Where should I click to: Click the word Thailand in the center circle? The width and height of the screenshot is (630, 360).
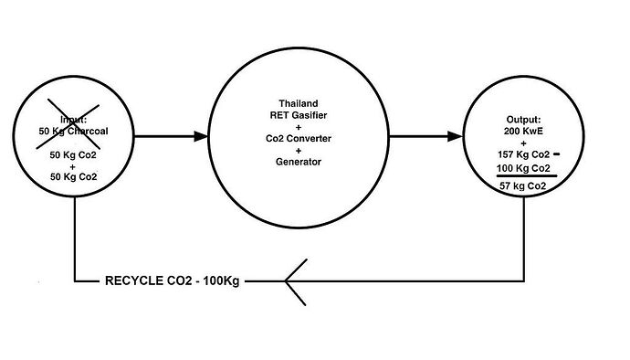[x=299, y=103]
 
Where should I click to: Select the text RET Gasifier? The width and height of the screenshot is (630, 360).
[x=299, y=115]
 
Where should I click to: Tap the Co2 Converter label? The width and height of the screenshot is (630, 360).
[x=299, y=138]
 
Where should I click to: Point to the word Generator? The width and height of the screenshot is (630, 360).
[x=299, y=162]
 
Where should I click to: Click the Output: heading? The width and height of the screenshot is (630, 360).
[x=523, y=120]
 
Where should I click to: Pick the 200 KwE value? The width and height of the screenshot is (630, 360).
[x=523, y=132]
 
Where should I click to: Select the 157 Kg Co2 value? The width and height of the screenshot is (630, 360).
[x=523, y=154]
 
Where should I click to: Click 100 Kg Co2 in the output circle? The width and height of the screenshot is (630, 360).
[x=523, y=168]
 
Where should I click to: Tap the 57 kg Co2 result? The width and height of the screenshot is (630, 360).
[x=523, y=185]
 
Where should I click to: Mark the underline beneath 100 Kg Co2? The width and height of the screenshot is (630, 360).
[x=527, y=175]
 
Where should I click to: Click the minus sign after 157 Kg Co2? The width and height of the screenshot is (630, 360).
[x=556, y=154]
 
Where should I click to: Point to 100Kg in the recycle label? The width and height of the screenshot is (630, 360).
[x=221, y=281]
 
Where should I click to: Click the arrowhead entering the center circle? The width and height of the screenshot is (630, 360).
[x=201, y=137]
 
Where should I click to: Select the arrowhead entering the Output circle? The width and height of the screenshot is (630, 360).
[x=456, y=137]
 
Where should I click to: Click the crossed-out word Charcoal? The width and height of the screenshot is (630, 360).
[x=88, y=132]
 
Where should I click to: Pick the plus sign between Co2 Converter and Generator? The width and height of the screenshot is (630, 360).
[x=299, y=151]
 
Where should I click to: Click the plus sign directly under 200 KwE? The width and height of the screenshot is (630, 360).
[x=523, y=143]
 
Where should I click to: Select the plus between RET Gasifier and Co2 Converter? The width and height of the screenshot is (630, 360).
[x=299, y=127]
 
